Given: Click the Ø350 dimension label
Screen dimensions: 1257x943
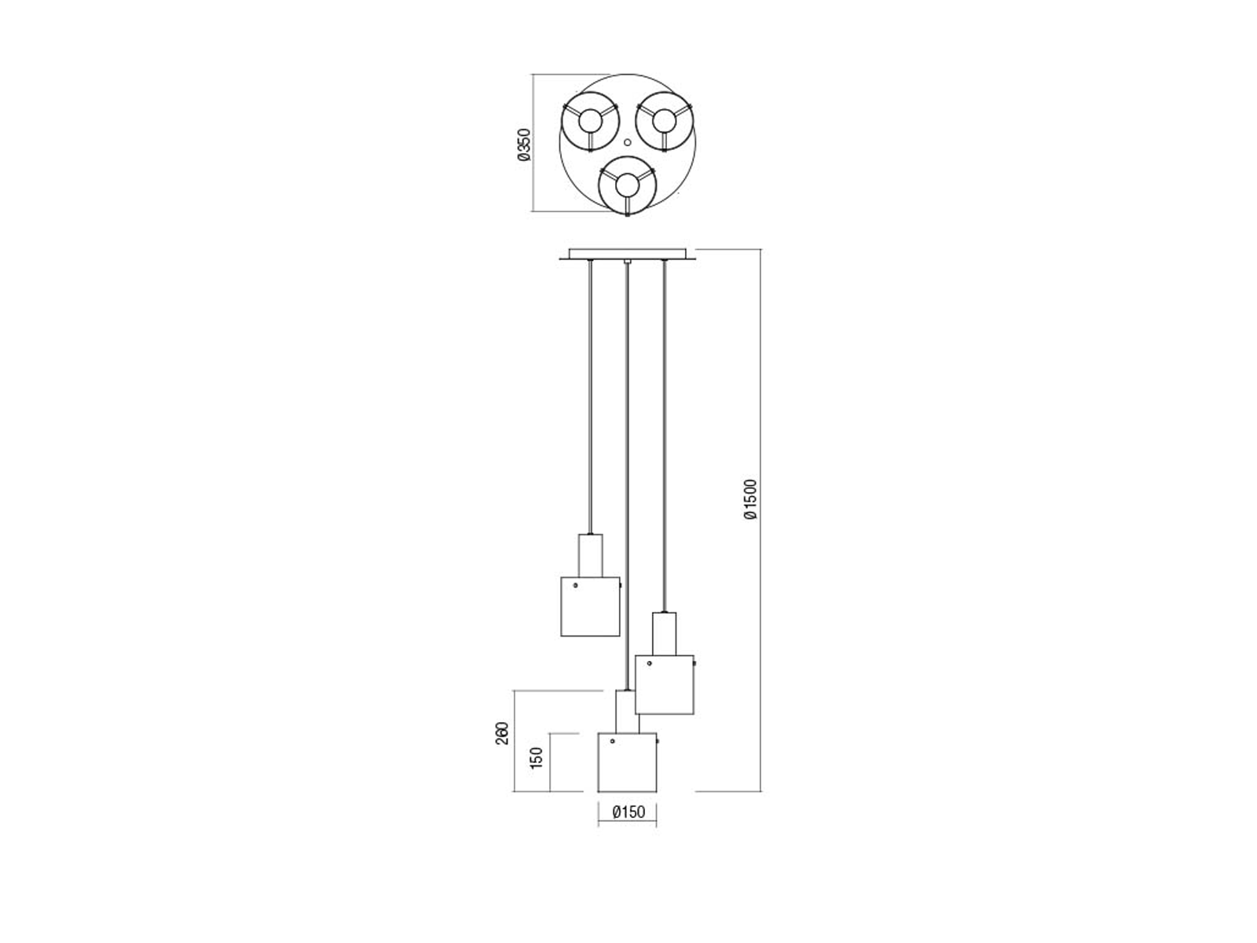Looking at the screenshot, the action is coord(525,145).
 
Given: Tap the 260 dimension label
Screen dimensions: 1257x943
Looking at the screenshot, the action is coord(502,733).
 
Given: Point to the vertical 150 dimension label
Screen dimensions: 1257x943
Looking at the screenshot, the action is coord(536,758).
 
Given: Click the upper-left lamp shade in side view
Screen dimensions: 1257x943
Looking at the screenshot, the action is coord(590,607).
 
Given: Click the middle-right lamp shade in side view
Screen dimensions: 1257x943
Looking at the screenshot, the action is coord(665,684).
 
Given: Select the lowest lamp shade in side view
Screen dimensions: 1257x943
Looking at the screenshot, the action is coord(627,762).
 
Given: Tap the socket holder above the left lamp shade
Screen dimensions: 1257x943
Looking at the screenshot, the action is coord(591,556).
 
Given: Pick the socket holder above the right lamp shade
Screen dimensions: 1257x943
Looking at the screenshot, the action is coord(665,634).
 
